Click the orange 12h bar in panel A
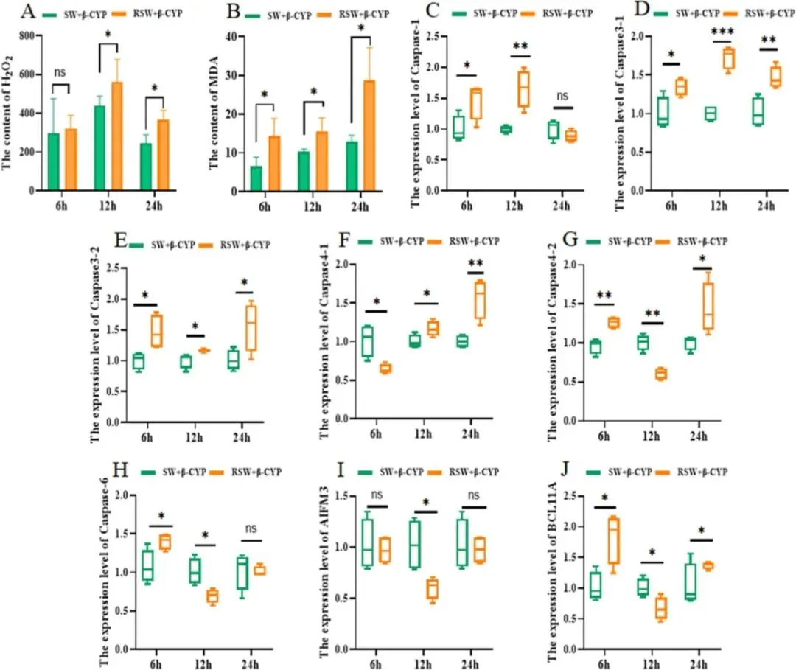pyautogui.click(x=116, y=136)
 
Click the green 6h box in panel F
pyautogui.click(x=367, y=343)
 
